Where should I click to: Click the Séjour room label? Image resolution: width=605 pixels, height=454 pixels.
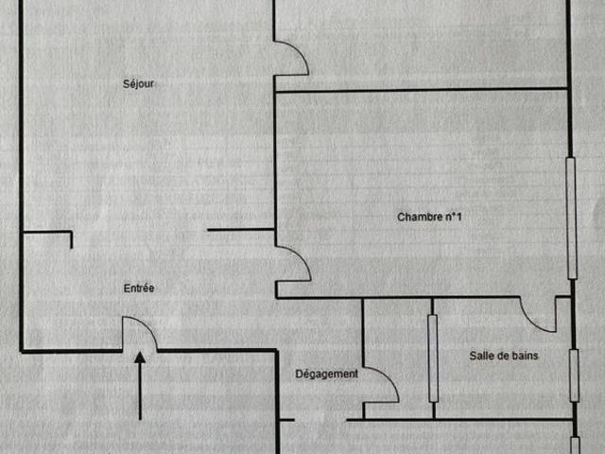139,84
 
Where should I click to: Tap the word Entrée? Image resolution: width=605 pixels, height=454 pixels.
139,288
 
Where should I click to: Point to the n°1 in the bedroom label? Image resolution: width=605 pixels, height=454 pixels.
454,217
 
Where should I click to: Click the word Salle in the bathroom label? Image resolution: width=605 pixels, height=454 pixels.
480,356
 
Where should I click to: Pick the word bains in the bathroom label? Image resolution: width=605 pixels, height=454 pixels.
526,356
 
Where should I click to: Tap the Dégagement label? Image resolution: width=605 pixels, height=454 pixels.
326,375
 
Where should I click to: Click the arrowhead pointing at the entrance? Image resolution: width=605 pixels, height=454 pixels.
140,358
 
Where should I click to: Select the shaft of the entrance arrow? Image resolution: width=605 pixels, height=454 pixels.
140,392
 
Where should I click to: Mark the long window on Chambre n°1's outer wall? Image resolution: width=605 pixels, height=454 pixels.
571,218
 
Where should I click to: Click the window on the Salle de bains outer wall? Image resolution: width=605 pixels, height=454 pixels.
574,375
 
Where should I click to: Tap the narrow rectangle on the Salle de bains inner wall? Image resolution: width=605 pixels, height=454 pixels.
433,358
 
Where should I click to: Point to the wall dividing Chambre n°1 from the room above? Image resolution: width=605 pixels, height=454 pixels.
422,91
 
